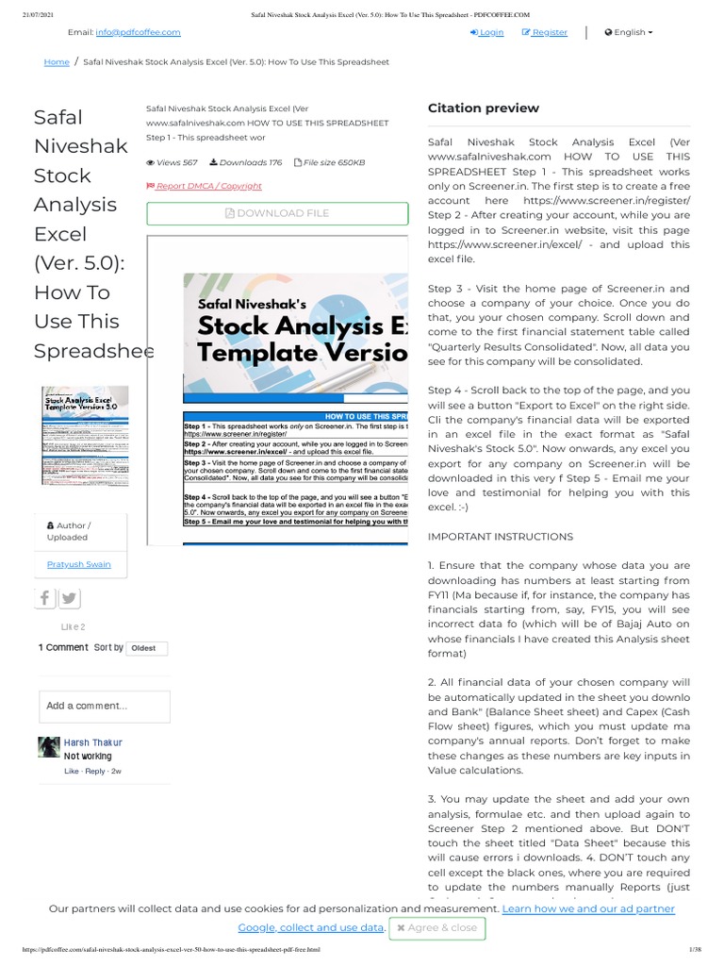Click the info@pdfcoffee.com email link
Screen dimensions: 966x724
[x=138, y=32]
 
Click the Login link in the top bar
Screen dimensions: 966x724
[x=487, y=32]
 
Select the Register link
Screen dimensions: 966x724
[x=545, y=32]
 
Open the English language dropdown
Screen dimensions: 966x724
[x=629, y=32]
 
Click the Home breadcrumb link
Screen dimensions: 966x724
[x=57, y=62]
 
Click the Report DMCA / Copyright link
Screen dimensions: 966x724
[x=205, y=186]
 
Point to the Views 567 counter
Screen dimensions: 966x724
[x=172, y=162]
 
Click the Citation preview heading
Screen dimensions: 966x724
[x=484, y=108]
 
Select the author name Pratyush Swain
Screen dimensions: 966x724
[x=78, y=564]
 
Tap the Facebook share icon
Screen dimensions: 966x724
[x=45, y=598]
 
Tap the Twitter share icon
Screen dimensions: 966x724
[x=70, y=598]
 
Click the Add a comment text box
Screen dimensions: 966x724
[x=105, y=706]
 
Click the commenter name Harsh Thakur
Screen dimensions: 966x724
[x=92, y=742]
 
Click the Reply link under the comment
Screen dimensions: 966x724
[x=95, y=771]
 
